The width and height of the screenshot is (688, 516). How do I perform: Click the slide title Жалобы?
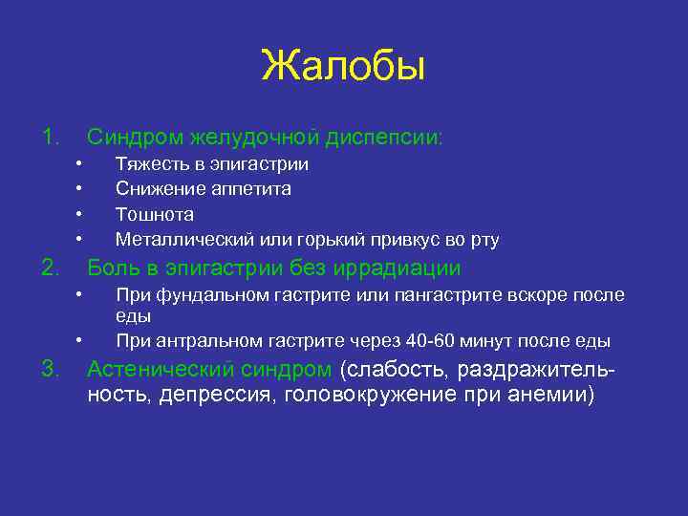coord(343,68)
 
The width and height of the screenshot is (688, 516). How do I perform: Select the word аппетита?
coord(249,189)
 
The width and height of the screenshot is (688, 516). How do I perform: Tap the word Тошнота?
coord(154,214)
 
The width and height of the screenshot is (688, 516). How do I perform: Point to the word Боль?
coord(115,268)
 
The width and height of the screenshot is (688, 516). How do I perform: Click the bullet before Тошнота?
coord(80,214)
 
